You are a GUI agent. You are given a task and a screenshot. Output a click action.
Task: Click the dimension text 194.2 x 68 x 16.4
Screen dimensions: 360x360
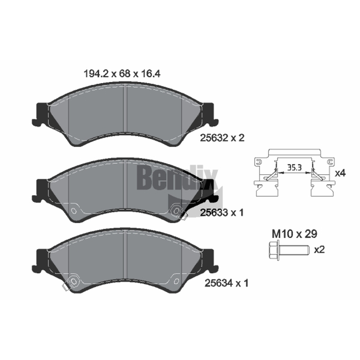122,74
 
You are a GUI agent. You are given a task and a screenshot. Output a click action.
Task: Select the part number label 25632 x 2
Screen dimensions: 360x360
222,138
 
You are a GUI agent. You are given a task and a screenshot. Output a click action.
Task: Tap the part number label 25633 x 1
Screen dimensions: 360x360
222,212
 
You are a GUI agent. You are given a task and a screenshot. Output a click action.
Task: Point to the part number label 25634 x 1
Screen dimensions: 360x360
226,283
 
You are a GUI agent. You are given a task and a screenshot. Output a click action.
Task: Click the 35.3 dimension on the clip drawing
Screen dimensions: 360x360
295,167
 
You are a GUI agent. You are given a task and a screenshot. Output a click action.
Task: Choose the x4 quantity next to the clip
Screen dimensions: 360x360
340,173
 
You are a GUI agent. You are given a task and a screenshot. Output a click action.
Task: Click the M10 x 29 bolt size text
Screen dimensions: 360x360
295,234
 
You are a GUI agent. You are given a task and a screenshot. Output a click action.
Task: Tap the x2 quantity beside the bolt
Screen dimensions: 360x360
319,249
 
